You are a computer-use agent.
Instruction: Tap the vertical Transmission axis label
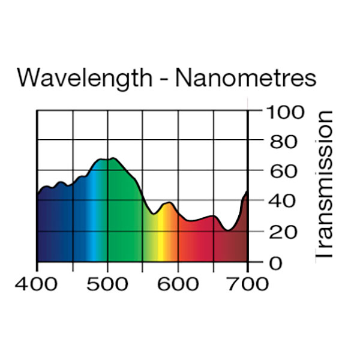324,185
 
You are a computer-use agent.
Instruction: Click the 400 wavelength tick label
37,284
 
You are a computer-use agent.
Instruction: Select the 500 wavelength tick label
107,284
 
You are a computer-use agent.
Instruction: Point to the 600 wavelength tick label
178,284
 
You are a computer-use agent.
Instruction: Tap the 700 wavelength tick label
248,284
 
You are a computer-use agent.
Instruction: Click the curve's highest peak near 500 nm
112,158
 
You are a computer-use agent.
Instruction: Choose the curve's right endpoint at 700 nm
247,191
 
